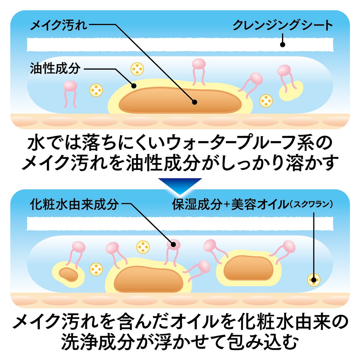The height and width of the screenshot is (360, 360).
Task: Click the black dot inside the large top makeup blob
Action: (194, 102)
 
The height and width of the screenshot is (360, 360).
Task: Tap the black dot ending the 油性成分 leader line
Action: (134, 86)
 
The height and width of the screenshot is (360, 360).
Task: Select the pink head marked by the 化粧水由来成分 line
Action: (173, 244)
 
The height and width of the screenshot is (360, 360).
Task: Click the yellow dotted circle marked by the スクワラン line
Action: (314, 280)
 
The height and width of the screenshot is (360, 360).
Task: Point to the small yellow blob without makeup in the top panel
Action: (291, 90)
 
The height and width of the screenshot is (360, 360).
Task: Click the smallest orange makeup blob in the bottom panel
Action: (68, 273)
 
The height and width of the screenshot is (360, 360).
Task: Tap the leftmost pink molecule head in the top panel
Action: (70, 86)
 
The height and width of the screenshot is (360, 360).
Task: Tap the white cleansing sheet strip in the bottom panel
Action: (180, 223)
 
